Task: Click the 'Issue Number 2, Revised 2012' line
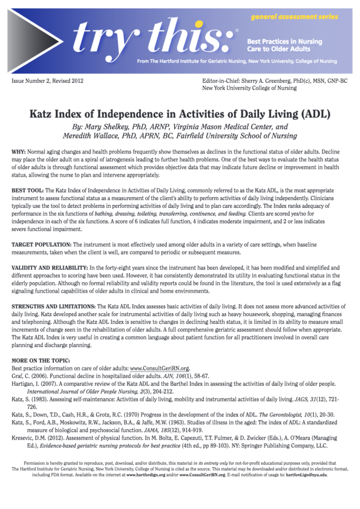tap(48, 80)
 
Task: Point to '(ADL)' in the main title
tap(312, 115)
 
